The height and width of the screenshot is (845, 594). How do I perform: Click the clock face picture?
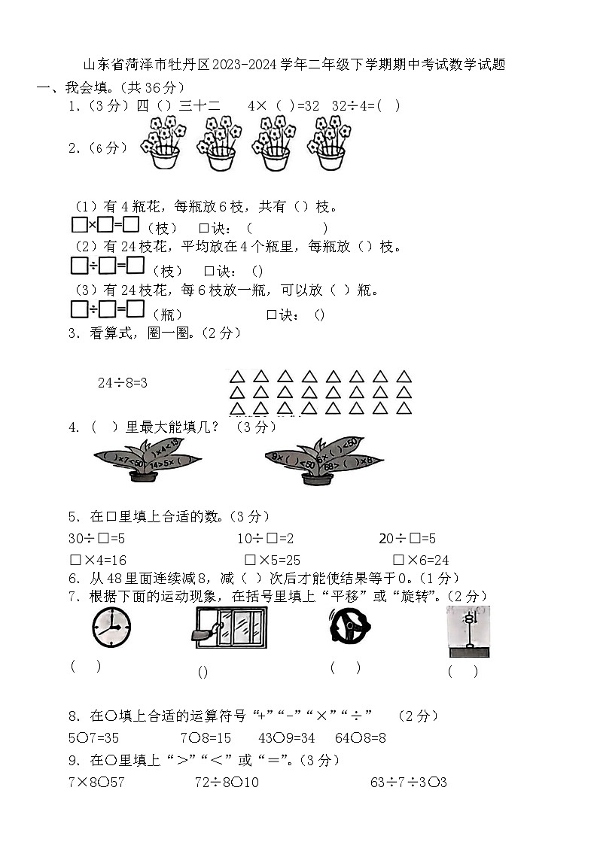tap(111, 628)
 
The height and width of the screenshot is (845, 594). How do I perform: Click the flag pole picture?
tap(468, 631)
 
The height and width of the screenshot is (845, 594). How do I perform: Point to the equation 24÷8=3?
tap(122, 383)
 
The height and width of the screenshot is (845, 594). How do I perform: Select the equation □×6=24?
tap(421, 561)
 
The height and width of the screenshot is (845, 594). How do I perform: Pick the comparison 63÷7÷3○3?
tap(409, 783)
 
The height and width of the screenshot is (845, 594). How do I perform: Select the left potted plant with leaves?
tap(140, 460)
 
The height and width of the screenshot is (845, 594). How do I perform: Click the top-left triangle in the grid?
tap(236, 375)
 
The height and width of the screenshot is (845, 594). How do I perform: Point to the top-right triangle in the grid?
tap(404, 375)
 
